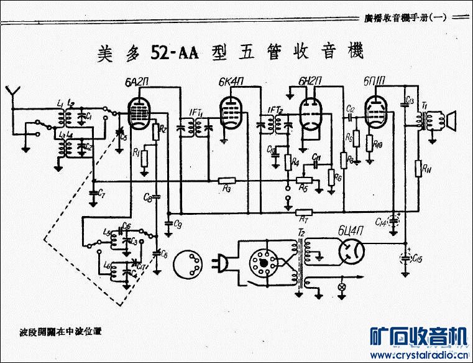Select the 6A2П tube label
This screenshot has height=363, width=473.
click(135, 82)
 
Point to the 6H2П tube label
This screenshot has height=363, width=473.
click(309, 82)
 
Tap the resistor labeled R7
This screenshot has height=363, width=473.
click(304, 212)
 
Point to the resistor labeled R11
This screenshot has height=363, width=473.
click(418, 168)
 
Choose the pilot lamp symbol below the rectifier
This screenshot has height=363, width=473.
click(341, 288)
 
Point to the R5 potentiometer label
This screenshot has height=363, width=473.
click(303, 187)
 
